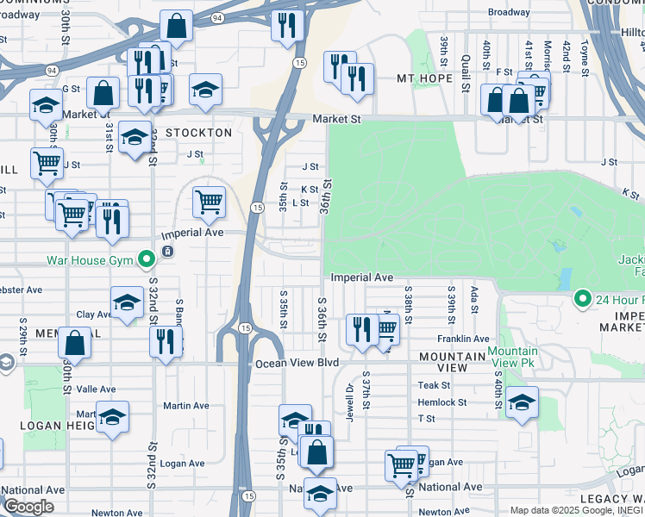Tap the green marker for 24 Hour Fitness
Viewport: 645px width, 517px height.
583,300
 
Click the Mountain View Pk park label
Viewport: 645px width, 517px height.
512,357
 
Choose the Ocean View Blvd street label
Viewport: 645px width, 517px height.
297,364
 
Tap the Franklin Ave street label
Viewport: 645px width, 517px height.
463,339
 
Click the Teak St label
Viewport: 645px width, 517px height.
434,385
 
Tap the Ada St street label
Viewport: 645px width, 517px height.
474,299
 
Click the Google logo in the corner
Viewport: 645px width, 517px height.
28,507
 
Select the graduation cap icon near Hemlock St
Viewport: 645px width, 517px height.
522,402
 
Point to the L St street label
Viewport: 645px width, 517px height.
300,203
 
